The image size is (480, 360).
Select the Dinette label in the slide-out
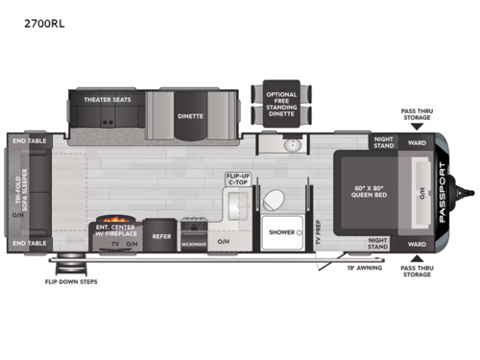(x=190, y=116)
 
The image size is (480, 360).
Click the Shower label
(x=281, y=232)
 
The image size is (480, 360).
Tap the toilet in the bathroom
(x=274, y=200)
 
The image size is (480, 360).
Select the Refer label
(x=162, y=234)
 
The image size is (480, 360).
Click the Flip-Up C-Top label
(x=238, y=179)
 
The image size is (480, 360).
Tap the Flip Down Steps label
(x=71, y=282)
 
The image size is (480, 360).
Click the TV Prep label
(x=316, y=233)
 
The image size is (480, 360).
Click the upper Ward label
(x=418, y=143)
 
